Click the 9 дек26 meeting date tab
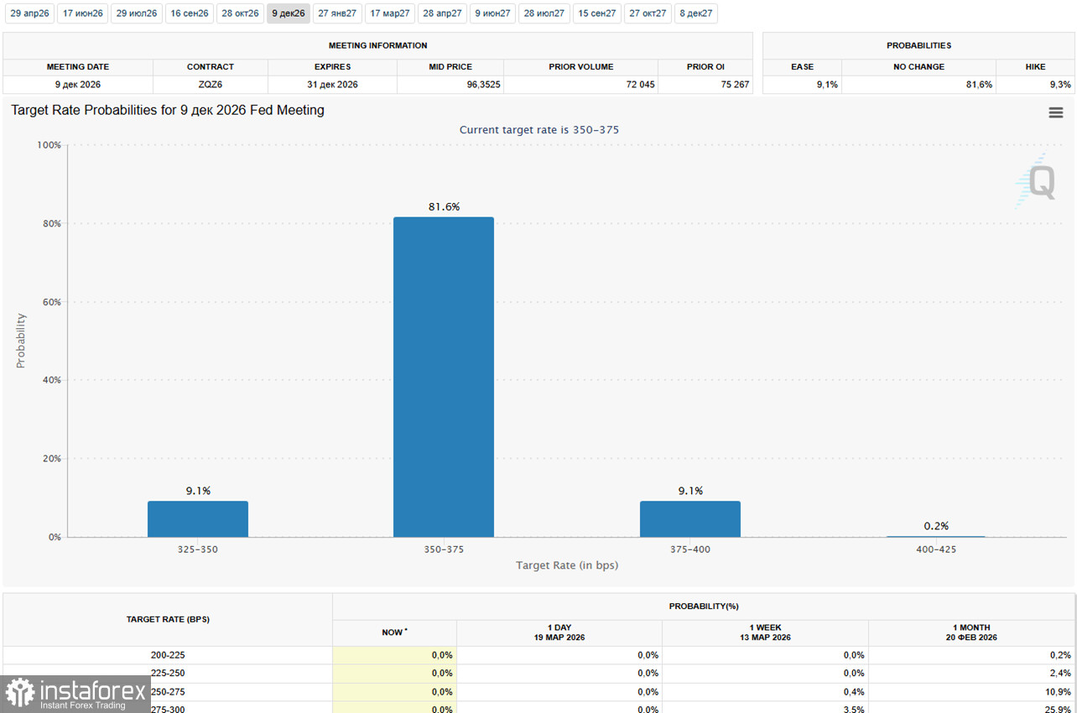(x=288, y=13)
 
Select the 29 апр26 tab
(x=29, y=13)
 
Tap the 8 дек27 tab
(x=696, y=13)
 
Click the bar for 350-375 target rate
(x=443, y=377)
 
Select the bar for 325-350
(x=197, y=519)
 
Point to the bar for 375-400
(x=689, y=519)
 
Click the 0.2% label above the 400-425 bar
(x=936, y=526)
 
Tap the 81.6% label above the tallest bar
(x=444, y=206)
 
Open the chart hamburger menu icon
(x=1055, y=112)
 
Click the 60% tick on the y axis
(x=50, y=302)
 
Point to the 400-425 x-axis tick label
(x=936, y=549)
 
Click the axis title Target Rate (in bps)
(x=567, y=565)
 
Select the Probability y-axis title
(x=21, y=341)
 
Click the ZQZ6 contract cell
(x=211, y=85)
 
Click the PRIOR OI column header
(x=705, y=67)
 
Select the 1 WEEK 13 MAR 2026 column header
(x=765, y=632)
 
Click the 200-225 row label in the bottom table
(x=168, y=655)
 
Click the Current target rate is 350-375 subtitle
(x=538, y=130)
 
